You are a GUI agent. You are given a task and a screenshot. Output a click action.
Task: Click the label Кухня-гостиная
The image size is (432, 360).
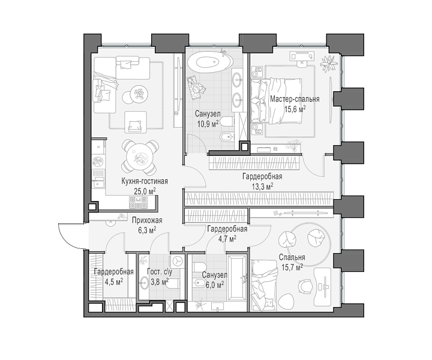tap(145, 181)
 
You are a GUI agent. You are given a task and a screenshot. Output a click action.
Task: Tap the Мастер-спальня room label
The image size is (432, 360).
tap(295, 99)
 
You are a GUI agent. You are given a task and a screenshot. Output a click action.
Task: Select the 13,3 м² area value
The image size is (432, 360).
tap(262, 187)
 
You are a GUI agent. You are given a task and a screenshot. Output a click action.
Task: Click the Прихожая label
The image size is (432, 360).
tap(147, 220)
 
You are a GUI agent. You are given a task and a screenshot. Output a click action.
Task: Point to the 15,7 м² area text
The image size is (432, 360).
tap(292, 267)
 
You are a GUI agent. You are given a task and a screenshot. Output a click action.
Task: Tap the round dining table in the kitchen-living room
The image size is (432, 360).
tap(137, 158)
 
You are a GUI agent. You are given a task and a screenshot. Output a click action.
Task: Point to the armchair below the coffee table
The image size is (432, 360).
tap(135, 122)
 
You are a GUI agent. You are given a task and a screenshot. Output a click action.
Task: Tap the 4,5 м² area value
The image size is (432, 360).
tap(114, 282)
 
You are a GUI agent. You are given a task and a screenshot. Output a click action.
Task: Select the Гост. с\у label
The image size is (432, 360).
tap(160, 272)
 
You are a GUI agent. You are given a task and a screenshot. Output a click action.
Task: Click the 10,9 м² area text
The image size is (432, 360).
tap(208, 124)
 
